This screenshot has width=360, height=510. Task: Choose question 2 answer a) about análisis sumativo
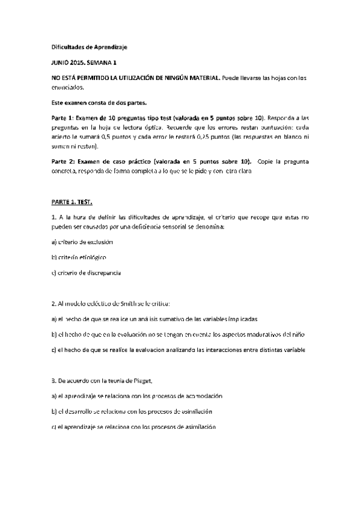click(155, 318)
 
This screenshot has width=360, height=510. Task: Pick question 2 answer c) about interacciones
click(178, 349)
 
